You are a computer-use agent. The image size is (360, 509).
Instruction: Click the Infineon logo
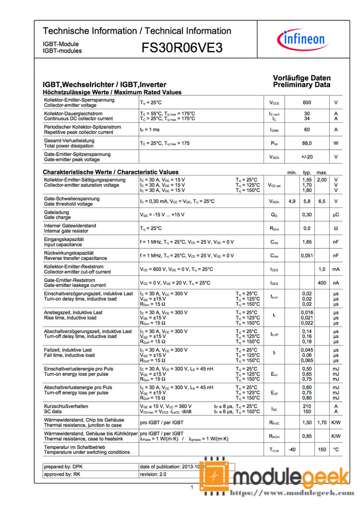coord(303,39)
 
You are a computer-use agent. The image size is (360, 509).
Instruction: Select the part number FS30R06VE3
coord(182,48)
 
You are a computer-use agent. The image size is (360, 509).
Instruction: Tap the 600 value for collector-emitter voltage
coord(307,103)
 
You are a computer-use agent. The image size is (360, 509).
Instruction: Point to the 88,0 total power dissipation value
coord(307,143)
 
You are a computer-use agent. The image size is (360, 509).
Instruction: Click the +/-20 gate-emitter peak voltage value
coord(307,157)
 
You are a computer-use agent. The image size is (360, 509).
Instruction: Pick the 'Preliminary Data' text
coord(301,85)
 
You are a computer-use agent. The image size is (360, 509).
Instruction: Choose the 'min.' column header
coord(292,172)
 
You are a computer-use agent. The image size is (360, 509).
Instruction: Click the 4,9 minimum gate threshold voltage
coord(292,201)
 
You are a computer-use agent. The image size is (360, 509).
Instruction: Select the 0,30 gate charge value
coord(307,215)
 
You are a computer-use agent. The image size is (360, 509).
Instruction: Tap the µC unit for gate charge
coord(336,215)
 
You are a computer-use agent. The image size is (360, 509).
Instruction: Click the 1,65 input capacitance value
coord(307,242)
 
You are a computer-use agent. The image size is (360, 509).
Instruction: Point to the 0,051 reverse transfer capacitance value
coord(307,255)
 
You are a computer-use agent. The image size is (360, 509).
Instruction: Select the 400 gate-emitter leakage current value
coord(322,282)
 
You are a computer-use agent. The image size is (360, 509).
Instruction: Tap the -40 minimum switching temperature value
coord(292,449)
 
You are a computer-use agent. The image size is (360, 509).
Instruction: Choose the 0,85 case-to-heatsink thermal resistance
coord(307,436)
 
